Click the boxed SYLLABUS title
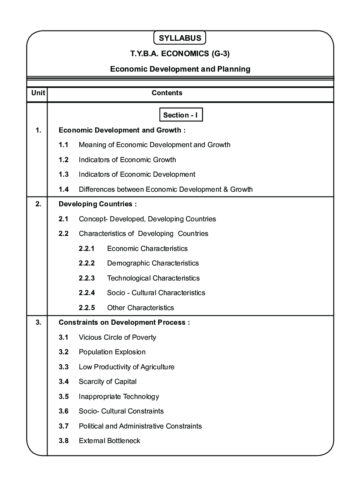point(180,38)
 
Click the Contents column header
point(167,93)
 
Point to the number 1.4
point(63,189)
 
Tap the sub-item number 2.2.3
point(87,278)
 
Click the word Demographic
point(128,263)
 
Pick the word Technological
point(128,278)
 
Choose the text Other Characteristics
point(141,308)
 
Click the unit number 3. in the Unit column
point(38,323)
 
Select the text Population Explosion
point(112,352)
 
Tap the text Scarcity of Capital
point(108,382)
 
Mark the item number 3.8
point(63,441)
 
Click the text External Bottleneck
point(109,441)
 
